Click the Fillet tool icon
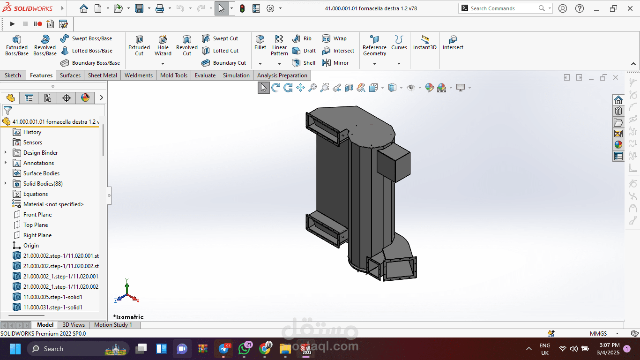pos(260,39)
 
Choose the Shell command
pos(304,63)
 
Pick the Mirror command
pos(335,63)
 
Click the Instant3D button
pos(425,43)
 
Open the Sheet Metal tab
pos(102,75)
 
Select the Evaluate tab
pos(205,75)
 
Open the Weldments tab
pos(139,75)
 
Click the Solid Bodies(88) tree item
pos(43,184)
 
